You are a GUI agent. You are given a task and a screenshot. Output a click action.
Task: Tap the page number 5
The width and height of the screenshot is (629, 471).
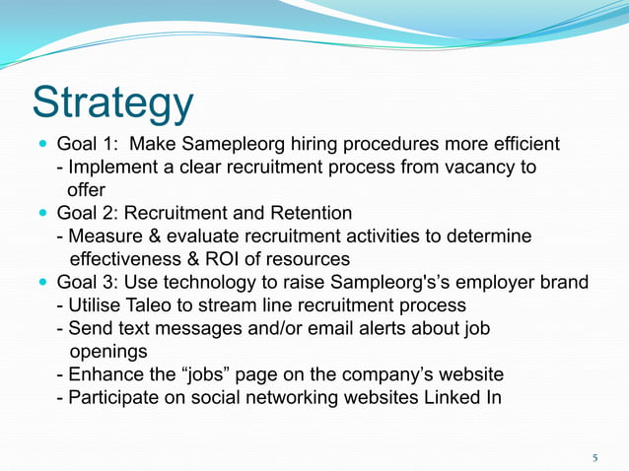(594, 458)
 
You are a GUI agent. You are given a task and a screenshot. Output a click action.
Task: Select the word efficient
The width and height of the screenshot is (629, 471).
(523, 145)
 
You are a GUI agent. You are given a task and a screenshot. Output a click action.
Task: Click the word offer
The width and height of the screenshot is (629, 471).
(86, 189)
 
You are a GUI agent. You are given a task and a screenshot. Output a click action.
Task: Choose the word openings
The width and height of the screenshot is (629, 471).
(107, 351)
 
